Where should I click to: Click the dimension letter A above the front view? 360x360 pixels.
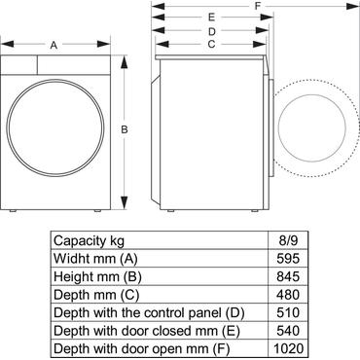(x=54, y=45)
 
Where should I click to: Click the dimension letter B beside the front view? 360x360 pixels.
(x=125, y=129)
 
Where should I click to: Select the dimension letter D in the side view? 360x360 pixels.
(x=210, y=30)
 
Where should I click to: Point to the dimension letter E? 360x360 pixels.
(x=211, y=18)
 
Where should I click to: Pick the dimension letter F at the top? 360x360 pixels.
(x=257, y=6)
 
